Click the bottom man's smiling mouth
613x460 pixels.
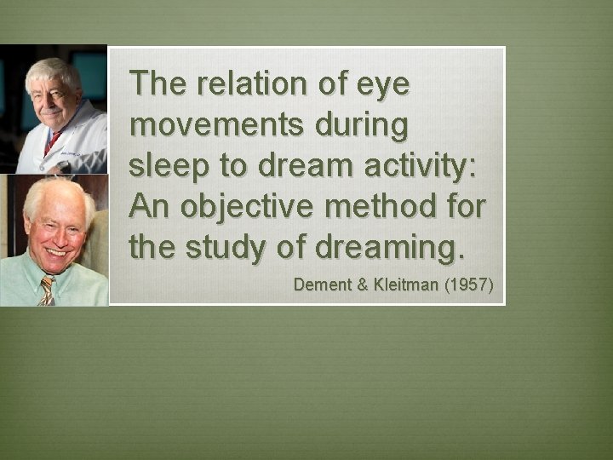[x=55, y=252]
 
